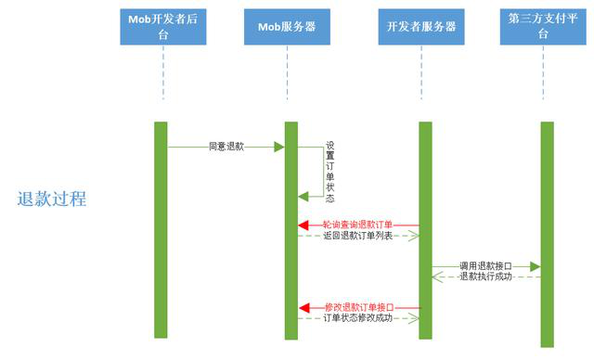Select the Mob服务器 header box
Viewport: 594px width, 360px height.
point(287,27)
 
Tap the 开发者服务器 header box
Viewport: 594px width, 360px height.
point(421,27)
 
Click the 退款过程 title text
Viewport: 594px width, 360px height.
point(52,199)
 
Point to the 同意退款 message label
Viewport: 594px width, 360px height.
point(226,147)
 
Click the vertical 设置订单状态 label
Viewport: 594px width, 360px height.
point(330,172)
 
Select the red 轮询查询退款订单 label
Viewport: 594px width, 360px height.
point(357,225)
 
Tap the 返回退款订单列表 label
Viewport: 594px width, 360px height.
point(357,236)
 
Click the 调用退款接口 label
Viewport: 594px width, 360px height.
point(485,266)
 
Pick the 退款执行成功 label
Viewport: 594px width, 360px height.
point(484,276)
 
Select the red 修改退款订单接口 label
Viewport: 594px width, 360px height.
point(358,307)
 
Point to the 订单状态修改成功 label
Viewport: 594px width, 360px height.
point(357,318)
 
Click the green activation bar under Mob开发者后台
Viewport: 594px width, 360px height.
point(161,229)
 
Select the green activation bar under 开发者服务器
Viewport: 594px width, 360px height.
point(425,229)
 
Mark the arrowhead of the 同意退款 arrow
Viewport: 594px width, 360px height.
point(278,147)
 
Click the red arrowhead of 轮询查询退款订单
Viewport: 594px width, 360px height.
point(303,225)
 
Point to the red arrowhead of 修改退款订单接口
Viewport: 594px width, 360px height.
point(303,307)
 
